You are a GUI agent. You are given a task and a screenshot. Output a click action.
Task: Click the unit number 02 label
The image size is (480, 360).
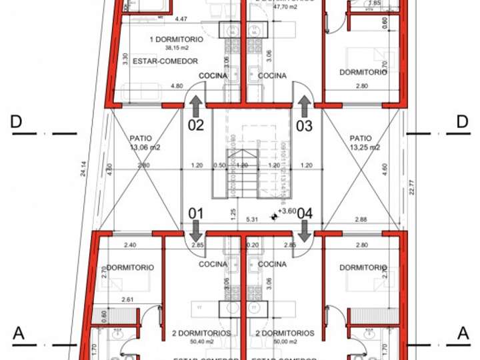[195, 125]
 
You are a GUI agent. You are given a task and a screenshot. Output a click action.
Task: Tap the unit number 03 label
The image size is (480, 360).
[304, 125]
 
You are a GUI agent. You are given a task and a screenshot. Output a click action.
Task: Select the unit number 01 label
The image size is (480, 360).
[195, 213]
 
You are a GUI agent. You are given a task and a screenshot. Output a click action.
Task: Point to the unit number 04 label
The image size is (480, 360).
[305, 213]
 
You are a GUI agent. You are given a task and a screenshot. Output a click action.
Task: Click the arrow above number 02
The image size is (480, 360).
[196, 105]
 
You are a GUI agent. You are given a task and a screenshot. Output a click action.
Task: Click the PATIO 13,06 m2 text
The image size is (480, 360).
[145, 143]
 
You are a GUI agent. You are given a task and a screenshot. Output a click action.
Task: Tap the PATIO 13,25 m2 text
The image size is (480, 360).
[365, 143]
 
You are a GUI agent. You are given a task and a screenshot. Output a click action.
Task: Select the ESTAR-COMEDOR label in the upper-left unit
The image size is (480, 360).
[165, 61]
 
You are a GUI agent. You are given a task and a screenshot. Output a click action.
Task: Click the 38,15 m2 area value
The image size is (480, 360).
[158, 48]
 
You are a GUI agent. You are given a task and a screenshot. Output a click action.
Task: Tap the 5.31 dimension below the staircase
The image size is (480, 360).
[252, 219]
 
